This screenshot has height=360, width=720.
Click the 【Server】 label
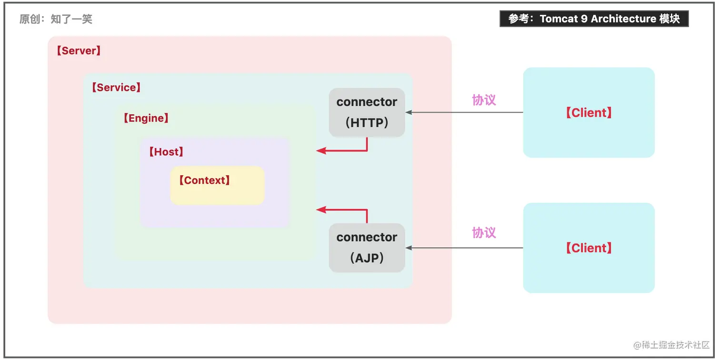(x=79, y=50)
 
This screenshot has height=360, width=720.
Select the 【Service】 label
(x=116, y=87)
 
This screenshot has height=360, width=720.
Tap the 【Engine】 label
(x=146, y=118)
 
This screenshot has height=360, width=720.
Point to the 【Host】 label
(x=166, y=152)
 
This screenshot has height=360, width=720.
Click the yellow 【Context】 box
(x=217, y=185)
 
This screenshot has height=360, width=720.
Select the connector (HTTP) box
(x=367, y=112)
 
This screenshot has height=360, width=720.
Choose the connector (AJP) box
(x=367, y=248)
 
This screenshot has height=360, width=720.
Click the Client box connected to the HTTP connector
(x=589, y=112)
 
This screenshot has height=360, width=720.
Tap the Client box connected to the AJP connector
(x=589, y=248)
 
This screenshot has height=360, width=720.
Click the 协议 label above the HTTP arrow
(x=484, y=100)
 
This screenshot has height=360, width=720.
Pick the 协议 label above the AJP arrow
(x=484, y=233)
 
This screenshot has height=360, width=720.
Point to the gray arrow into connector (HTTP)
(x=464, y=112)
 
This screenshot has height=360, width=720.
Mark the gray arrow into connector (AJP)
(x=464, y=248)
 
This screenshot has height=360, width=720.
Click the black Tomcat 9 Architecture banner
(x=594, y=19)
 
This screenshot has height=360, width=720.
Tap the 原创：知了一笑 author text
(x=56, y=19)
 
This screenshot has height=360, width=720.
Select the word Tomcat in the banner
(x=559, y=19)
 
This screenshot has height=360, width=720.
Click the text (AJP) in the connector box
(x=367, y=258)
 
